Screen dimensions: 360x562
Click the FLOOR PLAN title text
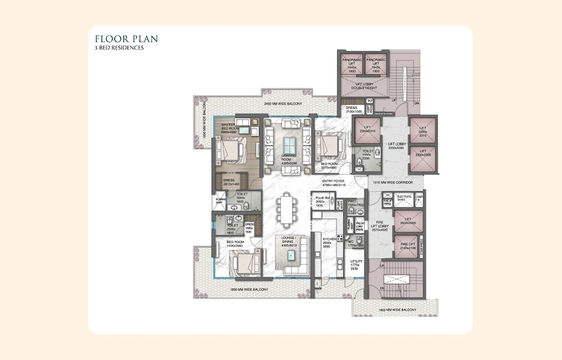(x=126, y=39)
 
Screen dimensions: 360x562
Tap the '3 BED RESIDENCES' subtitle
(x=120, y=48)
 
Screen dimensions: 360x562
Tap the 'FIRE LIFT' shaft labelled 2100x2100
(x=408, y=246)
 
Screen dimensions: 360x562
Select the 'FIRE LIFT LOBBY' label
(x=380, y=224)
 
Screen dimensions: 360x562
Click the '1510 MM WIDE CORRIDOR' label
(x=393, y=183)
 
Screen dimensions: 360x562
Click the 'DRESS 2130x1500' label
(x=353, y=109)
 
